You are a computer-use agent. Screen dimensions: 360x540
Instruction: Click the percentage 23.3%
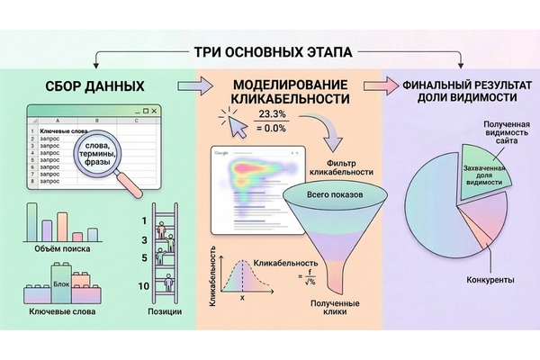(x=273, y=115)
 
